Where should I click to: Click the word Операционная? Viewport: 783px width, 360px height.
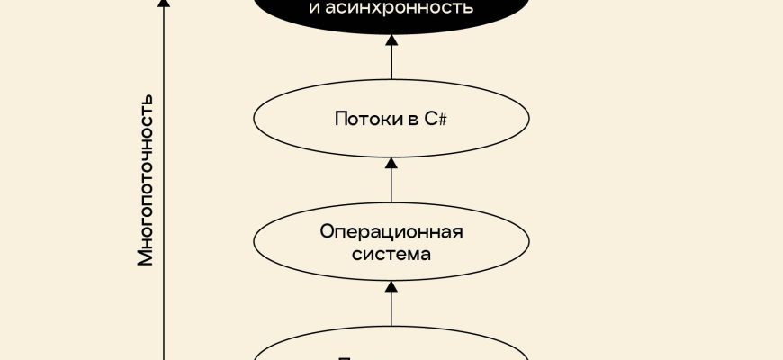point(391,232)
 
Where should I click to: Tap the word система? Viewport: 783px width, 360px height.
point(391,255)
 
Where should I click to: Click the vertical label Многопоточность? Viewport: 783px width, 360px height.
point(146,179)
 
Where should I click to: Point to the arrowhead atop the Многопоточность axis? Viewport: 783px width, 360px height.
point(163,3)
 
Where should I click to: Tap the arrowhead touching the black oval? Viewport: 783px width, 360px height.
point(391,41)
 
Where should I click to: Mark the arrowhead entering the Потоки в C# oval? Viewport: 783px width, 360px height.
point(391,162)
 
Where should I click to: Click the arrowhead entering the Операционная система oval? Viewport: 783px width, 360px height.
point(391,286)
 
